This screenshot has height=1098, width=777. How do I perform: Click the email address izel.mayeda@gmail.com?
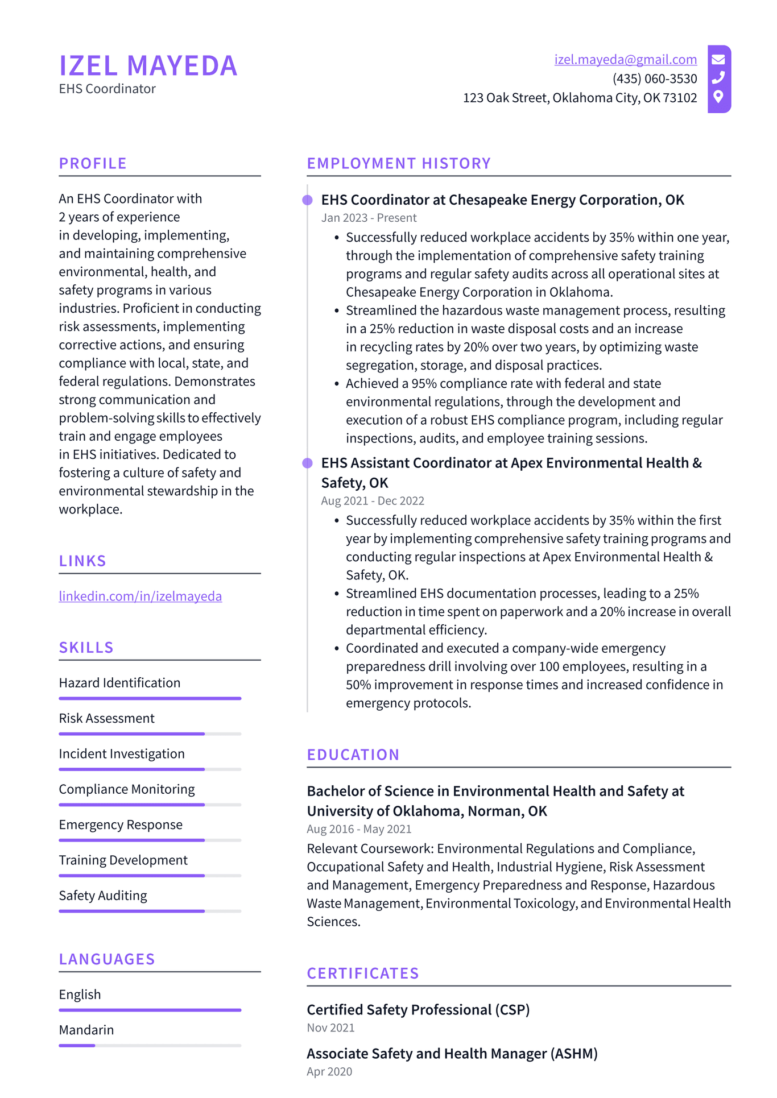tap(625, 60)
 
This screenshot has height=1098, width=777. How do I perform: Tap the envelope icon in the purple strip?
tap(718, 59)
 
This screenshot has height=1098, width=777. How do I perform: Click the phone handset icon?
tap(718, 77)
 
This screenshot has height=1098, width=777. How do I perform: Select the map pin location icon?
tap(718, 97)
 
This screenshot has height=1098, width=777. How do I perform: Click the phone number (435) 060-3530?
tap(654, 79)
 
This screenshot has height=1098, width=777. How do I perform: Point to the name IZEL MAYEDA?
tap(148, 66)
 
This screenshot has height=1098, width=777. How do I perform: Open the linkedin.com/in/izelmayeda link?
tap(140, 596)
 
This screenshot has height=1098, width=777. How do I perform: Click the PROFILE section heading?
tap(93, 164)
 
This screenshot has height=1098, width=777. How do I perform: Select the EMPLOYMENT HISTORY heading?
tap(399, 164)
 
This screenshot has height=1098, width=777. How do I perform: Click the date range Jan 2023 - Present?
tap(369, 218)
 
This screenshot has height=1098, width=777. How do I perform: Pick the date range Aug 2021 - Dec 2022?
tap(373, 501)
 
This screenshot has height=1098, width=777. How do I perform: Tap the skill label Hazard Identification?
tap(119, 683)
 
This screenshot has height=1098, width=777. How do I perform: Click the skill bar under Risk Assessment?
tap(150, 734)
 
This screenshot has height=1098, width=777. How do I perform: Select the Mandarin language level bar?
tap(150, 1046)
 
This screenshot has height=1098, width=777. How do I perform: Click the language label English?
tap(80, 995)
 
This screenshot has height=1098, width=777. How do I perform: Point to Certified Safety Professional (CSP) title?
tap(418, 1010)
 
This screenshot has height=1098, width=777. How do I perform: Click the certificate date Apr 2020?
tap(329, 1072)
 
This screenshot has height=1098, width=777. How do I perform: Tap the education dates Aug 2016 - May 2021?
tap(359, 829)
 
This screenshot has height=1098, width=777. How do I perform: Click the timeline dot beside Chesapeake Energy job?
tap(307, 200)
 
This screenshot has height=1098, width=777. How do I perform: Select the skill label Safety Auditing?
tap(103, 896)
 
